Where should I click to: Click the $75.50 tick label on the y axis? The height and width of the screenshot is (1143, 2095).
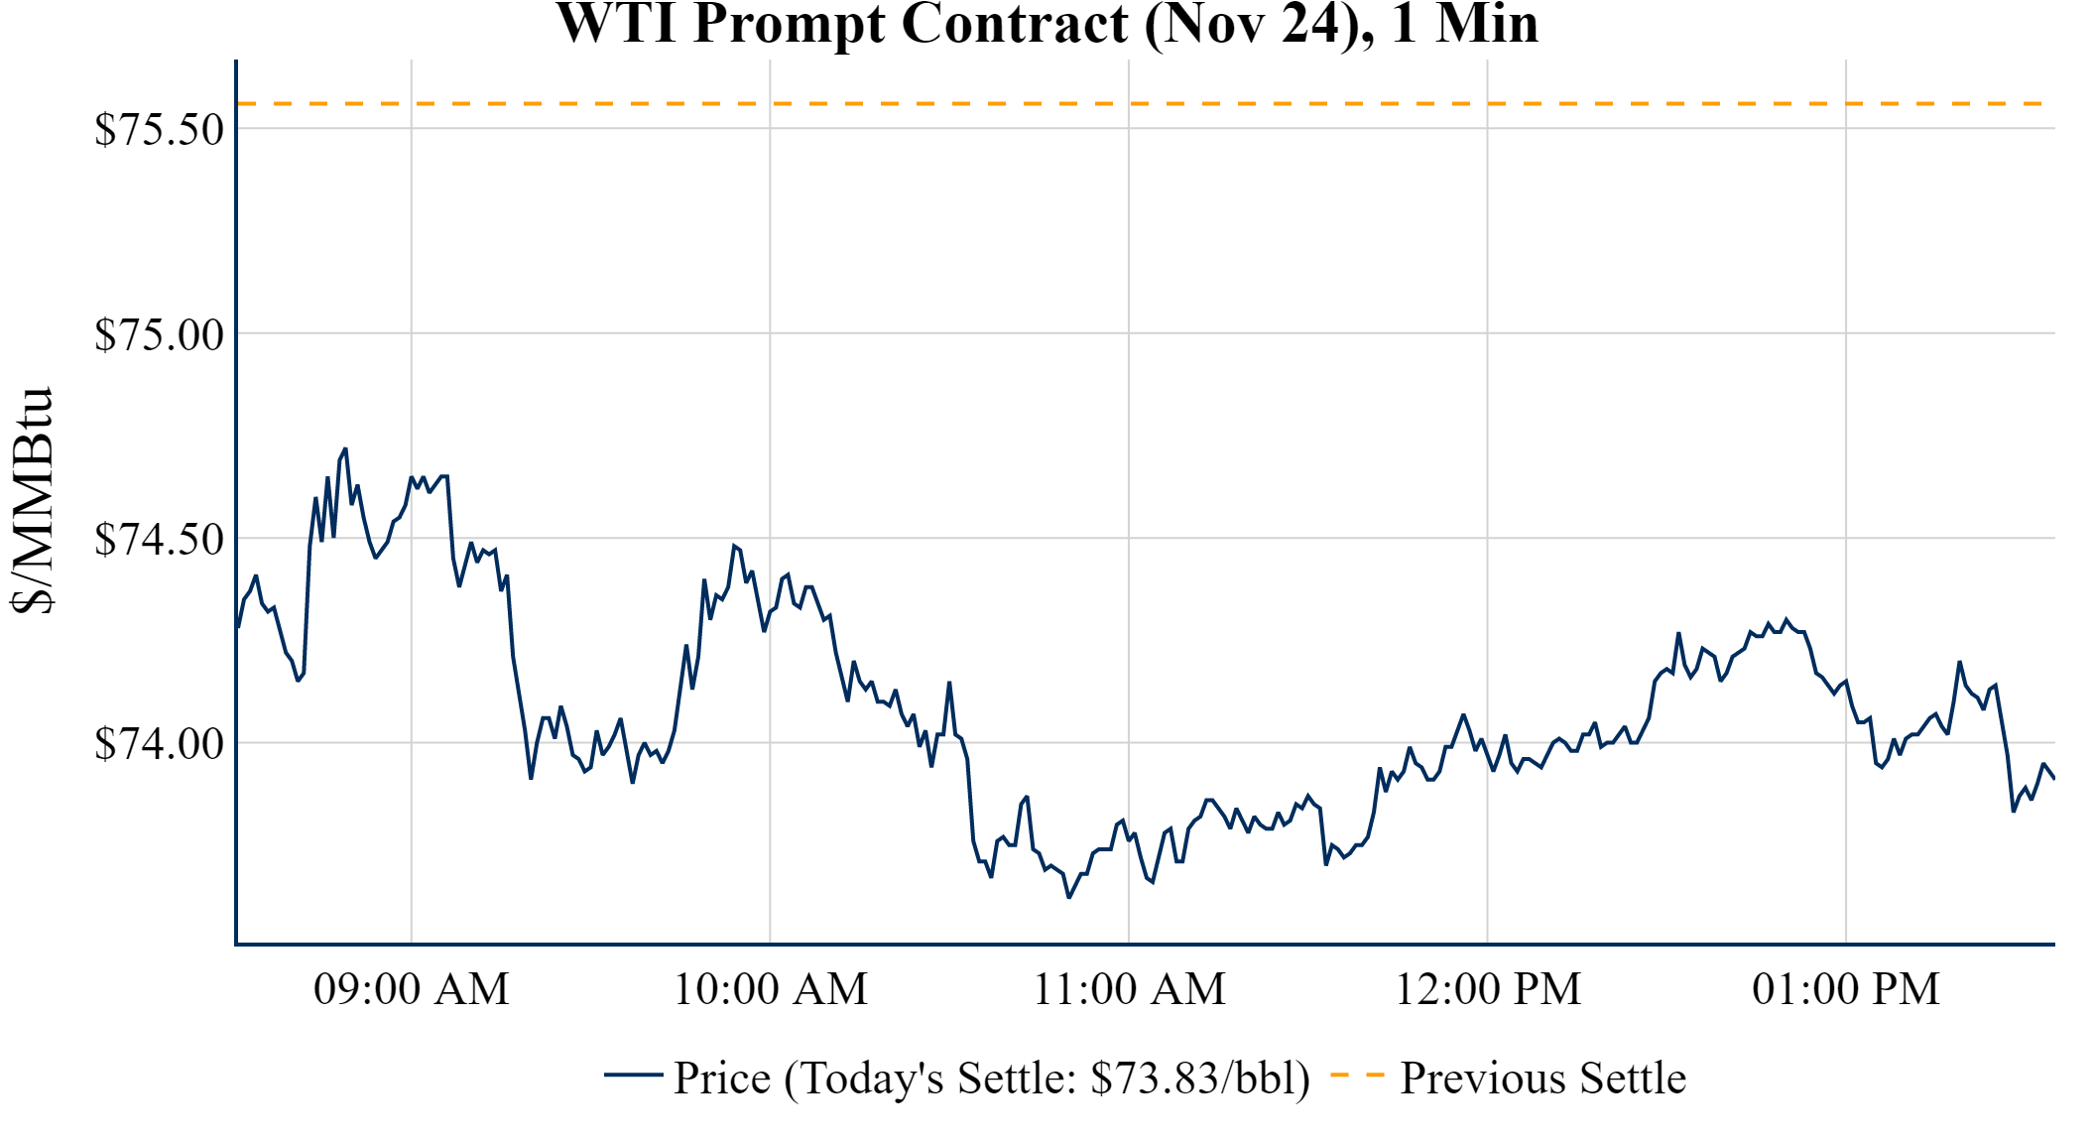click(159, 130)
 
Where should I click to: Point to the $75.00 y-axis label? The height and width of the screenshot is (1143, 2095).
click(159, 335)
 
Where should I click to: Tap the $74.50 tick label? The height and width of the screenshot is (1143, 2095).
click(159, 540)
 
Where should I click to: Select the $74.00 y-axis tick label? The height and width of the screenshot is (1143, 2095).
click(159, 744)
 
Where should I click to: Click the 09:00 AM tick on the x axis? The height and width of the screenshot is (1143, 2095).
click(412, 989)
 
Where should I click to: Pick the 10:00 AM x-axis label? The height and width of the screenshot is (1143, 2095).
click(771, 989)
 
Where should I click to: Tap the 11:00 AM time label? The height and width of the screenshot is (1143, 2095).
click(1130, 989)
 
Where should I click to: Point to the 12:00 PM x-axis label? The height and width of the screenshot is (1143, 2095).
click(1488, 989)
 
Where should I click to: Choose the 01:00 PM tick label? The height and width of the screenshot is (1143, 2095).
click(1846, 989)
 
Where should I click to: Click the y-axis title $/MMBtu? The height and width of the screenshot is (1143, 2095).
click(33, 501)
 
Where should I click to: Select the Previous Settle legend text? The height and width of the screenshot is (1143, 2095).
click(1542, 1079)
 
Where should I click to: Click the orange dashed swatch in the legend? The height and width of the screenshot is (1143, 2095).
click(1357, 1076)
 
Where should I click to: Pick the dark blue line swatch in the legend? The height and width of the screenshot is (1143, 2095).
click(633, 1076)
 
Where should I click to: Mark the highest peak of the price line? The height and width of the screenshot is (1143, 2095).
click(345, 449)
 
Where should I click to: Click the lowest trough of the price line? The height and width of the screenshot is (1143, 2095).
click(1068, 897)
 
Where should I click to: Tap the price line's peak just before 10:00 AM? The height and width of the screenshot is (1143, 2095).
click(734, 546)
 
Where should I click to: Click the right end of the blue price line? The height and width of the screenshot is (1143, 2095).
click(2053, 779)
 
